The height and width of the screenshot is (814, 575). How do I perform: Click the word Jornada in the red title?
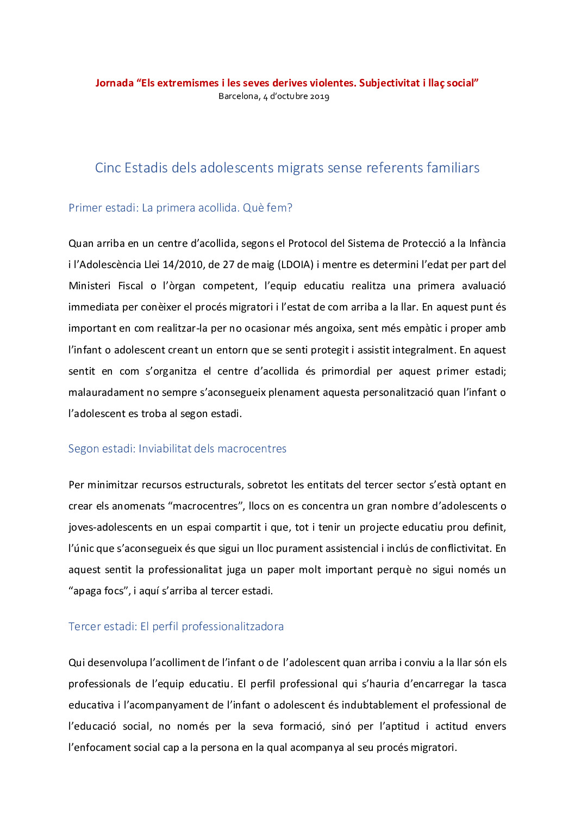114,83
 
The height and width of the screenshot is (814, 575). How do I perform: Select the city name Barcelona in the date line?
239,96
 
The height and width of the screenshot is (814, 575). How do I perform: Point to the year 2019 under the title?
320,96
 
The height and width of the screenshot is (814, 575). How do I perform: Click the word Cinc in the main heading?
108,167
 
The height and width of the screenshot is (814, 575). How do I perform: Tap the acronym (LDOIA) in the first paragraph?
296,265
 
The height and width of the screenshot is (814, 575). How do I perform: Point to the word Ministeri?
89,286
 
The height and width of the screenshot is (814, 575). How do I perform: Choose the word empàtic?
418,328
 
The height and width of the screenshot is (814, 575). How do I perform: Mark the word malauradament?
106,393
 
